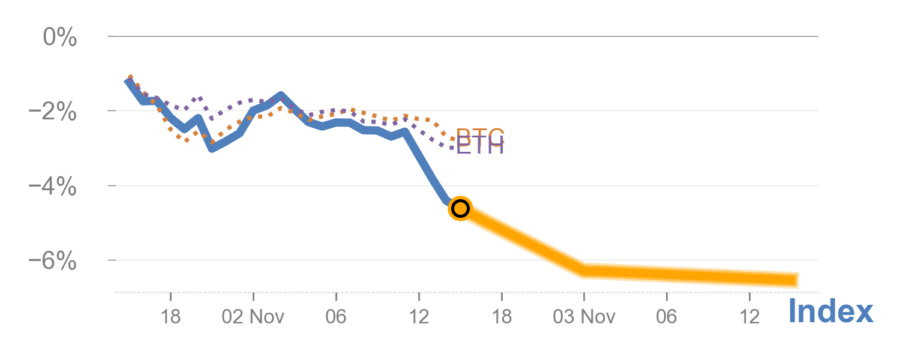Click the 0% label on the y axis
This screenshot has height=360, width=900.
coord(60,38)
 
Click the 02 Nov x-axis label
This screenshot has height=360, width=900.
coord(253,316)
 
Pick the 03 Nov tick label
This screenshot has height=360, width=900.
coord(584,316)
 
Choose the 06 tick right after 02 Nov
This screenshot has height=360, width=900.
coord(336,316)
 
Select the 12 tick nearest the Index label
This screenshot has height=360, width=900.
coord(749,316)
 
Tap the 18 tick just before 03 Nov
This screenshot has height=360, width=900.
coord(501,316)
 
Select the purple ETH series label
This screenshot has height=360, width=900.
coord(480,146)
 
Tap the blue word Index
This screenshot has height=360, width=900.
coord(830,312)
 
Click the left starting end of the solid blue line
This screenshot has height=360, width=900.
coord(127,80)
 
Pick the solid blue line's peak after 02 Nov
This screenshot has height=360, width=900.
coord(281,95)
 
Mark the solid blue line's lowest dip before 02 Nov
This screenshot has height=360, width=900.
coord(211,148)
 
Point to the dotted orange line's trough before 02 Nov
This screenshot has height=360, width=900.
coord(187,140)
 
